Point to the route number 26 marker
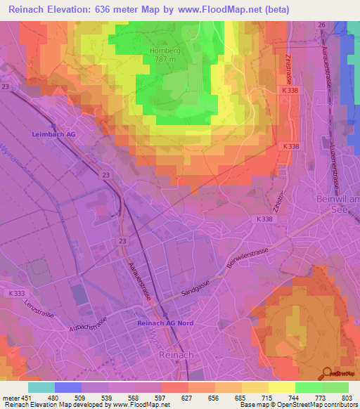coord(321,25)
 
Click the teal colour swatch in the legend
coord(41,387)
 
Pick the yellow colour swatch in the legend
coord(282,387)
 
